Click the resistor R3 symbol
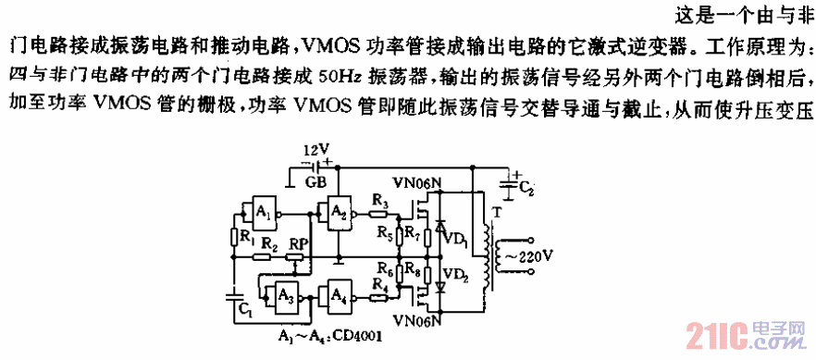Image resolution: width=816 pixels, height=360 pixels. point(377,214)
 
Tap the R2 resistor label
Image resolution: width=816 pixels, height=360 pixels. point(269,242)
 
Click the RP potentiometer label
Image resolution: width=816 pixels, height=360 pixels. point(298,244)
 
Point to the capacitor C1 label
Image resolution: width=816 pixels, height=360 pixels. point(243,312)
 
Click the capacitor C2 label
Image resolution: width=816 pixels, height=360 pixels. point(526,191)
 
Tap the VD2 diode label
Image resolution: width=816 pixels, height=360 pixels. point(454,275)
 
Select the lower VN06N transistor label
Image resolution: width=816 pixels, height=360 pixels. point(415,320)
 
